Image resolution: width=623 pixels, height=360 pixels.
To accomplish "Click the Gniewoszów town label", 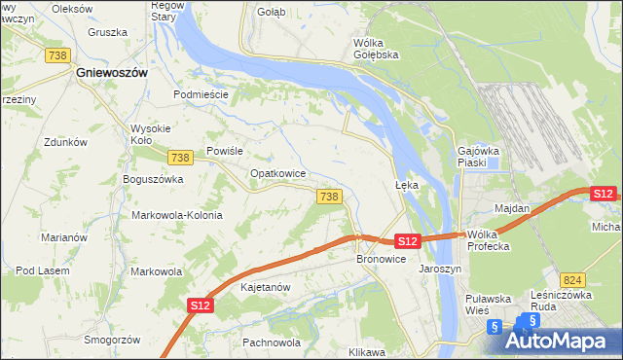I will pyautogui.click(x=113, y=73).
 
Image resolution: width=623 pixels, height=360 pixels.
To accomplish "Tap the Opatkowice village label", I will pyautogui.click(x=278, y=173).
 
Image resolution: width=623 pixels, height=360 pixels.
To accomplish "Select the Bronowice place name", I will pyautogui.click(x=381, y=260).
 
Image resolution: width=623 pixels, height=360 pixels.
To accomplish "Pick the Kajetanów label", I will pyautogui.click(x=266, y=288).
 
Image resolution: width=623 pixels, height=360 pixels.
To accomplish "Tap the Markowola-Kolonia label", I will pyautogui.click(x=177, y=215).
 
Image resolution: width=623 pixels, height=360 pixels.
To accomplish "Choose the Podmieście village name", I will pyautogui.click(x=201, y=94).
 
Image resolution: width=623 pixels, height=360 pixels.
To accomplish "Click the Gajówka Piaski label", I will pyautogui.click(x=478, y=157).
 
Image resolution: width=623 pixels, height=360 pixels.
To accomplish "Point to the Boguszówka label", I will pyautogui.click(x=153, y=179).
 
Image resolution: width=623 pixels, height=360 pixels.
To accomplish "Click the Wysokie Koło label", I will pyautogui.click(x=150, y=134).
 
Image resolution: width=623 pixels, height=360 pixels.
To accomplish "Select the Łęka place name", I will pyautogui.click(x=406, y=184).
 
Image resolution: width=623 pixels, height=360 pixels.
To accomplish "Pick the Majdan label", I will pyautogui.click(x=512, y=209).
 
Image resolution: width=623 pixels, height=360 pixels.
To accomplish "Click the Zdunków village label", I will pyautogui.click(x=66, y=142).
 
